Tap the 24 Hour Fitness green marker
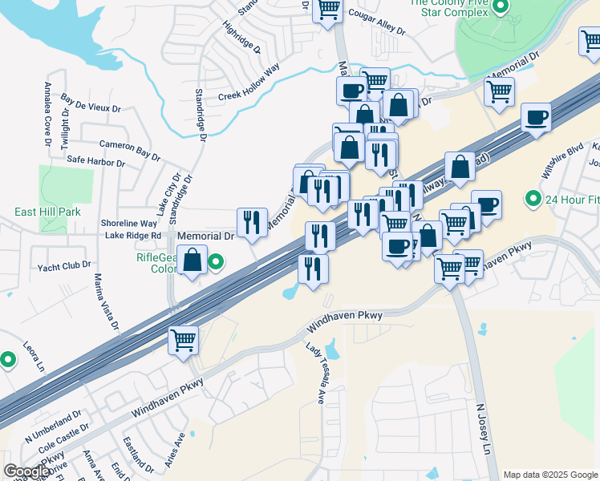pos(532,197)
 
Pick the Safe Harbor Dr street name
pos(95,161)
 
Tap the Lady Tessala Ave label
pos(314,374)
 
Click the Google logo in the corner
pos(26,471)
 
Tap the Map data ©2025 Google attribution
pos(550,475)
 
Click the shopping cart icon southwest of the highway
pos(184,340)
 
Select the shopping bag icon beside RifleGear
pos(192,261)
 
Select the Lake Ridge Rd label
pos(134,236)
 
